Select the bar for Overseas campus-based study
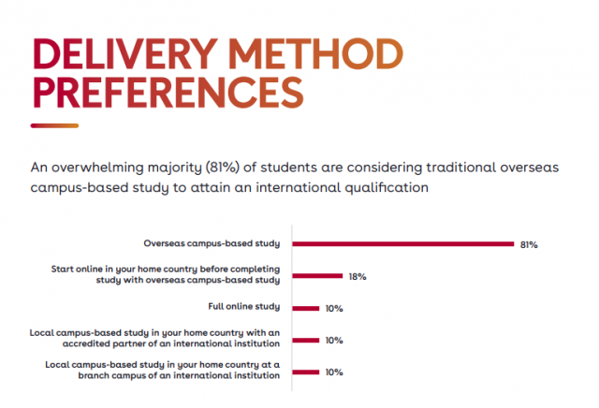pos(403,243)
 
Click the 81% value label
pos(529,244)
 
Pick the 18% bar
pos(318,276)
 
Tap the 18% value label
pos(358,277)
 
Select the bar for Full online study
pos(307,308)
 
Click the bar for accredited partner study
pos(307,340)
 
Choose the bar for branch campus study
pos(307,372)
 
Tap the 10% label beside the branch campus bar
pos(335,372)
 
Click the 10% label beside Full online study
pos(335,309)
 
